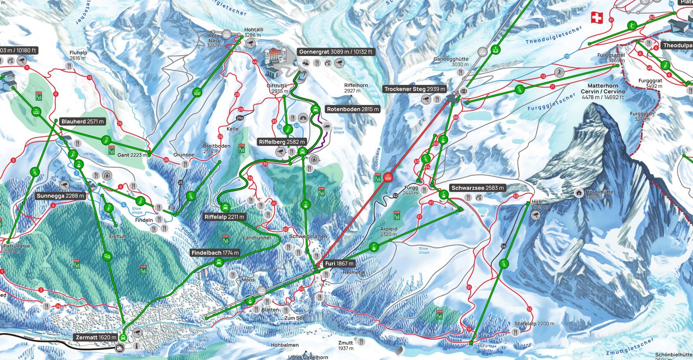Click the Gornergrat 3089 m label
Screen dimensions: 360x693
335,52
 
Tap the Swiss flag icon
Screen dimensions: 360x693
597,18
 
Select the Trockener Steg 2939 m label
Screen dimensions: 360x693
414,89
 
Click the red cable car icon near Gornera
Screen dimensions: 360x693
388,178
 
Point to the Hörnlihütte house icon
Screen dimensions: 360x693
579,192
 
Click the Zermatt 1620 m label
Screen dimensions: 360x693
96,337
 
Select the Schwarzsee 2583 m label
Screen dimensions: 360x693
477,188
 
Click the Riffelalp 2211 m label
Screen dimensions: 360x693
224,217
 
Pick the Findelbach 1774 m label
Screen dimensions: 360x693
215,253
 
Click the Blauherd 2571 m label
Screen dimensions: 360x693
82,122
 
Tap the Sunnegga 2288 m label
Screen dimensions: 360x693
60,196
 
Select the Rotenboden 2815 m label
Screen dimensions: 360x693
353,109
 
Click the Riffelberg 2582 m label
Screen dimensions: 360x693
282,142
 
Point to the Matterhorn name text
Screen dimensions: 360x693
602,86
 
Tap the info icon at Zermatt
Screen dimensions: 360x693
137,345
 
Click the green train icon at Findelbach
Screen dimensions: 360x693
219,262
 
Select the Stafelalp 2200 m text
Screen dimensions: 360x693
534,324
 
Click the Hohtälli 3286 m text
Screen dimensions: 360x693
253,32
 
